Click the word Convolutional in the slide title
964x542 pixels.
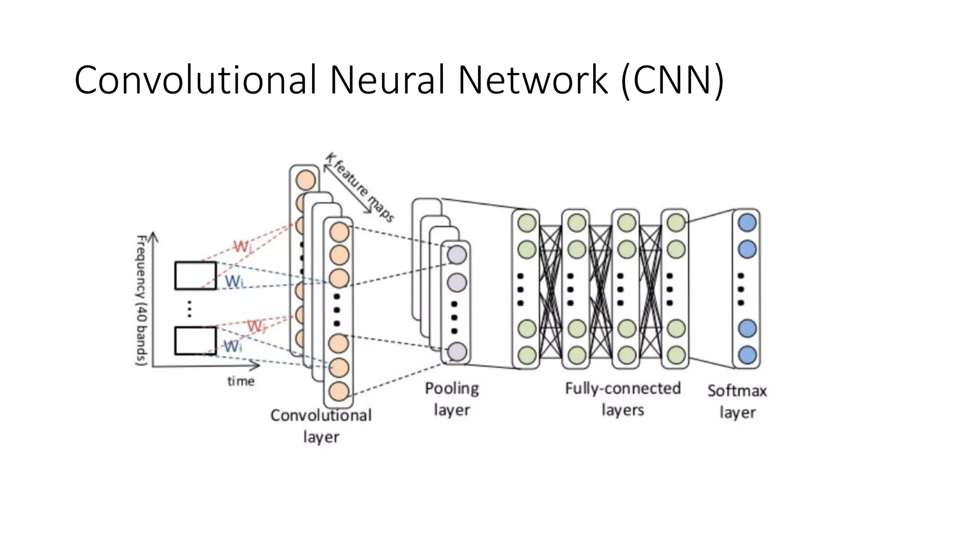coord(195,80)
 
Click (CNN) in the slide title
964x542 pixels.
coord(672,80)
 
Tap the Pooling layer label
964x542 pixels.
coord(451,399)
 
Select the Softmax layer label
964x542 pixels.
coord(737,401)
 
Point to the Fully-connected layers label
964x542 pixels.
coord(623,399)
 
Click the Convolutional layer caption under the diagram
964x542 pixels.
coord(321,426)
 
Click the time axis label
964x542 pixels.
coord(241,381)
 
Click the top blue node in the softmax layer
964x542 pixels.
coord(747,223)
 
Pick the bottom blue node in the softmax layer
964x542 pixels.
coord(747,355)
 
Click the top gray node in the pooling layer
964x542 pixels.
coord(457,255)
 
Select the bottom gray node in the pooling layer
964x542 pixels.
coord(457,352)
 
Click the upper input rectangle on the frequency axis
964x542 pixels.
coord(195,276)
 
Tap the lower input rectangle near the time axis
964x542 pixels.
coord(195,341)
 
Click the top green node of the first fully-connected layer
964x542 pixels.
coord(526,223)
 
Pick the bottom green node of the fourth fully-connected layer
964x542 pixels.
coord(676,355)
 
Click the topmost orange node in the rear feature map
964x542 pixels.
coord(305,181)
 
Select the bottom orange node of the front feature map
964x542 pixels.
coord(339,391)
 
